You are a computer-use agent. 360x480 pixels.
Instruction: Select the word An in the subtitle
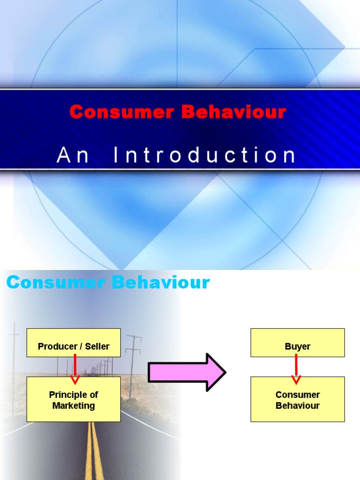(x=73, y=155)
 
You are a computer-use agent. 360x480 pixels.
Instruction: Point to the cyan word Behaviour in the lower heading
(x=159, y=283)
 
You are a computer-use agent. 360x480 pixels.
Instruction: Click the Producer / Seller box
(x=74, y=343)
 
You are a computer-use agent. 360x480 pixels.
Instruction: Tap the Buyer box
(x=298, y=343)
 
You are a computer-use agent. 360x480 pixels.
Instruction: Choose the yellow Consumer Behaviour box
(x=298, y=399)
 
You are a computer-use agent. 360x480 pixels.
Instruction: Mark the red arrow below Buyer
(x=296, y=368)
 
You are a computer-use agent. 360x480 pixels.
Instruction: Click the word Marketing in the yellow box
(x=74, y=406)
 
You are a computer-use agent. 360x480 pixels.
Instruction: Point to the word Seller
(x=97, y=347)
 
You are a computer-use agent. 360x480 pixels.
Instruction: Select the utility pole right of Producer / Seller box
(x=133, y=366)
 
